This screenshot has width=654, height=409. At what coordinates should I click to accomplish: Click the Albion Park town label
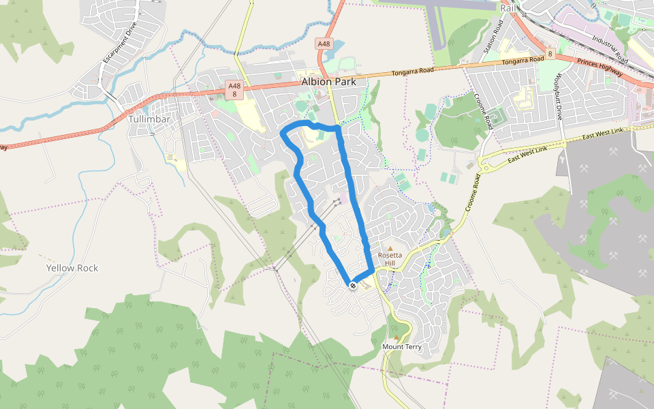coord(328,82)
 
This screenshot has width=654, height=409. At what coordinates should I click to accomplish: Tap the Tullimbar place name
coord(149,119)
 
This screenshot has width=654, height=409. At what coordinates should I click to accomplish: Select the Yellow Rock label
coord(72,268)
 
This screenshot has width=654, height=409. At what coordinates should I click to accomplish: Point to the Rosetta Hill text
coord(390,259)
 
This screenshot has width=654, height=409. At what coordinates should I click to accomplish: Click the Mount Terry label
coord(402,347)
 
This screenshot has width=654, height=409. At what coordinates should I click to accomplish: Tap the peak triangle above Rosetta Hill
coord(390,249)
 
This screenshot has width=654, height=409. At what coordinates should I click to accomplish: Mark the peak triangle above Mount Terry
coord(396,337)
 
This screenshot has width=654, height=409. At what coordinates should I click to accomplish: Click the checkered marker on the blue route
coord(353,285)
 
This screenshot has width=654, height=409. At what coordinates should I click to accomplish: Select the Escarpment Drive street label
coord(121,42)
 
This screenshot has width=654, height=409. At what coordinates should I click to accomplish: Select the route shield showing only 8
coord(549,52)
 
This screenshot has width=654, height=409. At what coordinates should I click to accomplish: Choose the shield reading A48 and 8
coord(234,90)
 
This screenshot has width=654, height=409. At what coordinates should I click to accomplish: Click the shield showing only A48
coord(324,44)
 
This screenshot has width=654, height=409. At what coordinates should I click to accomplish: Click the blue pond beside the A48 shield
coord(338,49)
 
